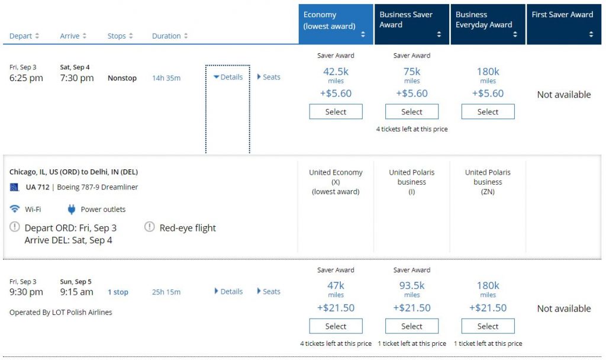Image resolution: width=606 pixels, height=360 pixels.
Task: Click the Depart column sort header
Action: click(x=24, y=36)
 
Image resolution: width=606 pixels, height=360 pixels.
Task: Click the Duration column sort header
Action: click(x=170, y=36)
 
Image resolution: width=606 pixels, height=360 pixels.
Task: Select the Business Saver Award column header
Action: click(x=412, y=24)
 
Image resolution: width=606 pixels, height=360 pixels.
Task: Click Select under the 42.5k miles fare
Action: click(x=336, y=112)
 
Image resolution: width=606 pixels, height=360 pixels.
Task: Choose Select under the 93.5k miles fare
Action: click(x=412, y=326)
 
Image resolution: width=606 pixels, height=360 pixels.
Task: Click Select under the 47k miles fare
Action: click(x=336, y=326)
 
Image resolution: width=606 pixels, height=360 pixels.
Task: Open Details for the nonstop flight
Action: click(x=228, y=77)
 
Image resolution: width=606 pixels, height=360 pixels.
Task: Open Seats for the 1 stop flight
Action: click(x=269, y=291)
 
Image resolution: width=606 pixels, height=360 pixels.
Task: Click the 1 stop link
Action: click(x=118, y=292)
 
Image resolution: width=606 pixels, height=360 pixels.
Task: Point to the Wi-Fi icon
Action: click(x=15, y=209)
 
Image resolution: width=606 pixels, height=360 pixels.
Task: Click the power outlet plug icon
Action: click(x=72, y=209)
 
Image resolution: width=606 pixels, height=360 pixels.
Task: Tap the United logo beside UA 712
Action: click(x=15, y=187)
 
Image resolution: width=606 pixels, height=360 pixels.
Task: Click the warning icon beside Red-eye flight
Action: click(x=150, y=227)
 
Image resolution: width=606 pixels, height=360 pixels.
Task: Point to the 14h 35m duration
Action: click(x=166, y=78)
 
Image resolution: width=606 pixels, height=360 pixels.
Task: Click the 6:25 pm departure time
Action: click(x=26, y=78)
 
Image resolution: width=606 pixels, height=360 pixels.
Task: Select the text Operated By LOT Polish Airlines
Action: click(x=60, y=312)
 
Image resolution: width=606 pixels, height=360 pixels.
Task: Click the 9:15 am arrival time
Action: click(x=76, y=292)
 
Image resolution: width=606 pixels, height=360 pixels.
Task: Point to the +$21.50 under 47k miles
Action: click(x=336, y=308)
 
